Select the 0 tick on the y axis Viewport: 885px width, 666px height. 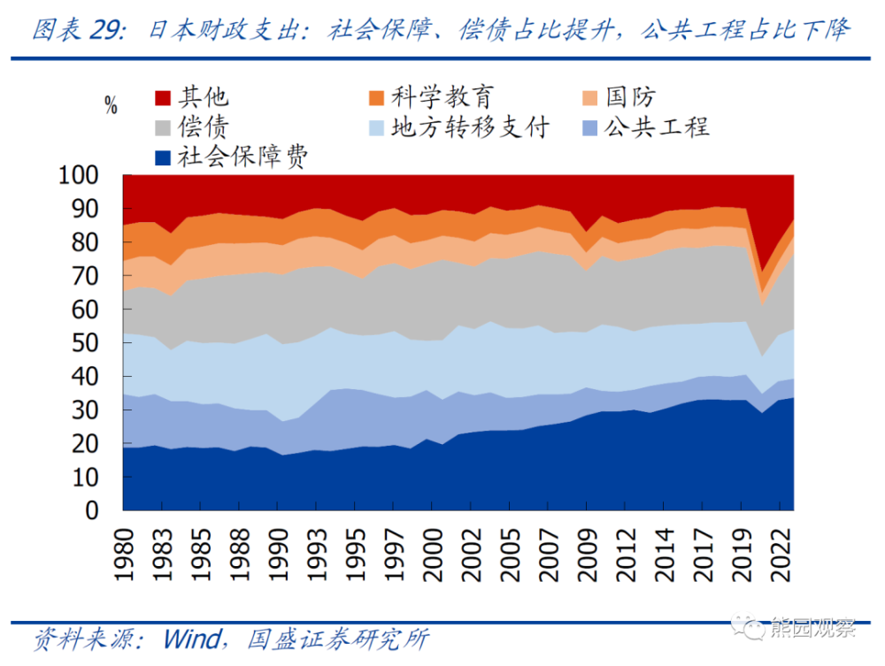[x=100, y=510]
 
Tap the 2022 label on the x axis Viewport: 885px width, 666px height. [x=782, y=554]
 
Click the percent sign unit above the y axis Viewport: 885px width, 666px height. [x=111, y=107]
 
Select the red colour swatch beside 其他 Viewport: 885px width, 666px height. [x=162, y=96]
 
